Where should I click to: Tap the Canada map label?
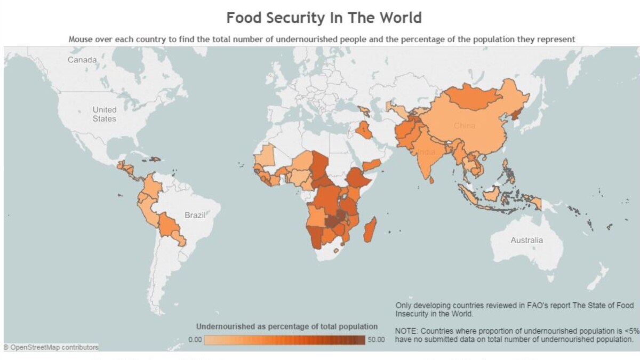pos(82,60)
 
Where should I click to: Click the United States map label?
pos(104,114)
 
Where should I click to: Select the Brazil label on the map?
pos(195,215)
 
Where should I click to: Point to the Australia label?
pos(526,240)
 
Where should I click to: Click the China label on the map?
pos(464,126)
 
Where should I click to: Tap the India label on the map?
pos(426,151)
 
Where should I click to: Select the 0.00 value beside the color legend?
pos(195,340)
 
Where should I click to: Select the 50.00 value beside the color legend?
pos(376,340)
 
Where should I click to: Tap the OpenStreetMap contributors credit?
pos(52,347)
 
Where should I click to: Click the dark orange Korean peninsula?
pos(515,116)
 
